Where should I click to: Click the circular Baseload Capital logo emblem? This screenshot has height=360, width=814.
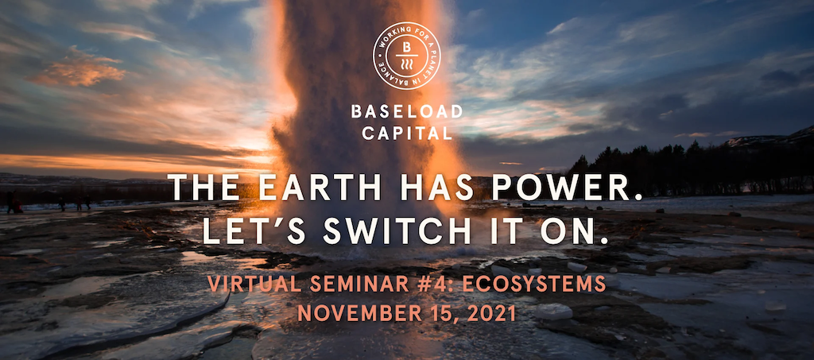click(406, 56)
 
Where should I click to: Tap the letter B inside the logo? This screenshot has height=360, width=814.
click(406, 47)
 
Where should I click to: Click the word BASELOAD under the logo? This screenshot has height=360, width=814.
click(406, 111)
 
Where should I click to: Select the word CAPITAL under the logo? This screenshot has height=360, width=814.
click(407, 134)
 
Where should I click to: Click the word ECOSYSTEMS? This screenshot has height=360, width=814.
click(534, 284)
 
